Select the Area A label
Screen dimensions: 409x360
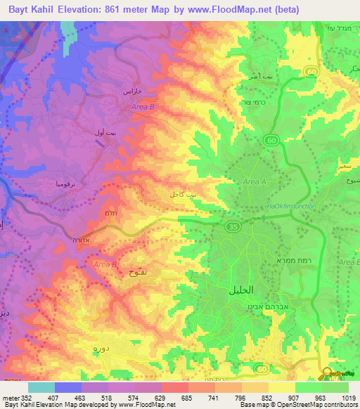[253, 182]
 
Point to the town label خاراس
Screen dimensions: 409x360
[133, 92]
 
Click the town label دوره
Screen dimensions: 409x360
[84, 347]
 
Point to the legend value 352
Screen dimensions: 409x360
[25, 397]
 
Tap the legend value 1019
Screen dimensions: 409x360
[349, 397]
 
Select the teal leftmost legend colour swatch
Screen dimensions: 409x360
[41, 387]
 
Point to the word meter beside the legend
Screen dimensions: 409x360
[10, 397]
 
